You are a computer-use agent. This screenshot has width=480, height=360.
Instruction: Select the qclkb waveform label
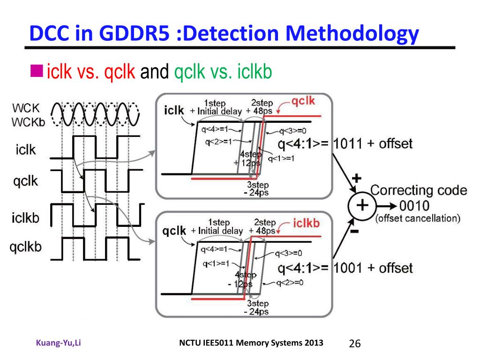(26, 247)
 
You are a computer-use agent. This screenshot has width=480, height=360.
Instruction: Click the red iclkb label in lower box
(306, 223)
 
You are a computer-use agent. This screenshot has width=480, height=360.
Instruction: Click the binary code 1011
(347, 144)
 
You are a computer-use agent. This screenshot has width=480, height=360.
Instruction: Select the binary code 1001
(347, 269)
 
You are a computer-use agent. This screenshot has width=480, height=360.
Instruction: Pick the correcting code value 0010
(414, 206)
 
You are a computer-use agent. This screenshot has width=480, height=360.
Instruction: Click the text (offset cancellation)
(418, 218)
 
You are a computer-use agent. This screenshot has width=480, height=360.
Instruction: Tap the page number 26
(355, 344)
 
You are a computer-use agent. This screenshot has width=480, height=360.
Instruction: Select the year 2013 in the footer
(314, 343)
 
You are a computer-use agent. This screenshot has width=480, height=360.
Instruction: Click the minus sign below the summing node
(355, 232)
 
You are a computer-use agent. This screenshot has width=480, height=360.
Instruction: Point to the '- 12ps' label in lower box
(241, 284)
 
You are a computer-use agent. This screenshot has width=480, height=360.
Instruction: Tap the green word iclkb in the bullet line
(255, 72)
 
